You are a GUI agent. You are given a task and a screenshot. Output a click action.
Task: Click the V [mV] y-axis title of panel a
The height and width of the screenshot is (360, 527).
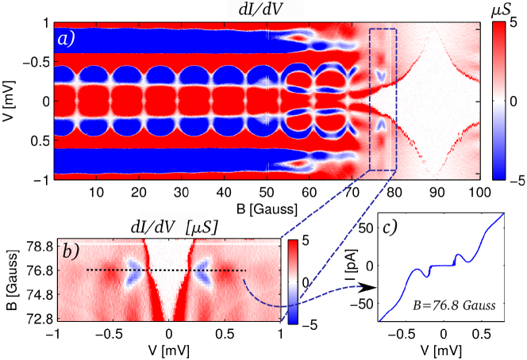click(10, 101)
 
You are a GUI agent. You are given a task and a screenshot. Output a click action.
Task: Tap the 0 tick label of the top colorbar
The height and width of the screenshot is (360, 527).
click(515, 101)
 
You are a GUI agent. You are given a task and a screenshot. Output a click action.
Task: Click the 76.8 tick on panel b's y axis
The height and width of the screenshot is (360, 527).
click(37, 270)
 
